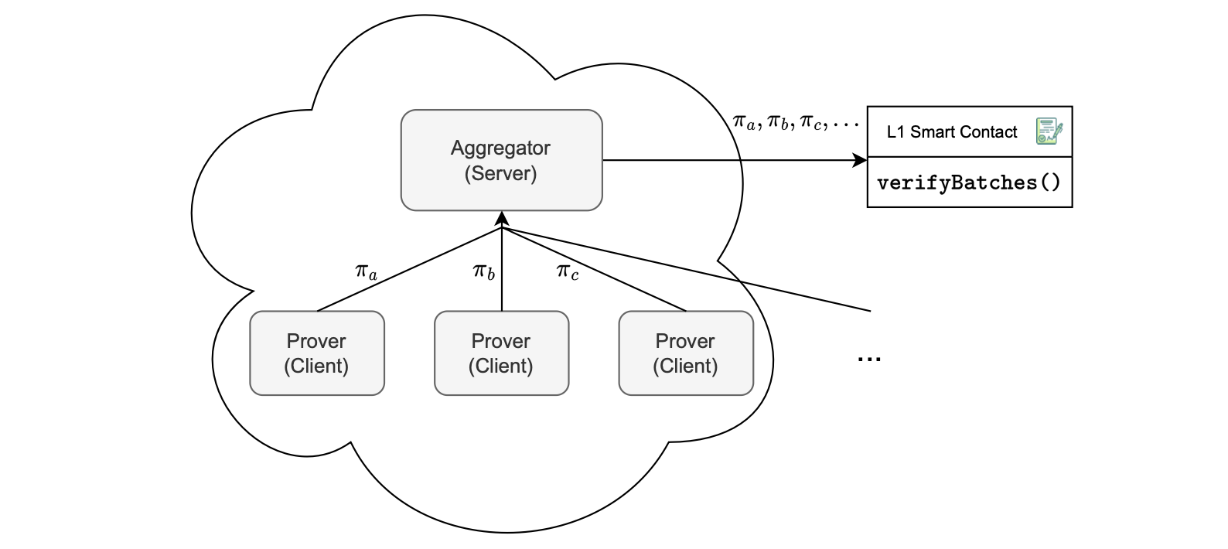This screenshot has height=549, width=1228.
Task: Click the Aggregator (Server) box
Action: [x=501, y=160]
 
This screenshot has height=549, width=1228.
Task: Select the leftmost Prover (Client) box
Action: [x=316, y=353]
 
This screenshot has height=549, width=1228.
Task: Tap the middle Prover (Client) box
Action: [x=501, y=353]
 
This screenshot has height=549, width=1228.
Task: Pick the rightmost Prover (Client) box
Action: [x=685, y=353]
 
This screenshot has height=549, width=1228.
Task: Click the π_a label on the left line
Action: [x=366, y=271]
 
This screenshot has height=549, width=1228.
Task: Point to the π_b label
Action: [x=484, y=271]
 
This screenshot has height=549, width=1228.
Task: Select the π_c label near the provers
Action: [x=567, y=271]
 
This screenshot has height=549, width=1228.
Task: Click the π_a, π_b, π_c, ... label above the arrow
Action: [x=795, y=122]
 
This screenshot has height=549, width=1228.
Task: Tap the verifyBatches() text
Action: [x=969, y=183]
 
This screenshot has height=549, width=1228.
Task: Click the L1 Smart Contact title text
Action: [x=951, y=132]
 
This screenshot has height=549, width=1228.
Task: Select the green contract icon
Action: [x=1049, y=131]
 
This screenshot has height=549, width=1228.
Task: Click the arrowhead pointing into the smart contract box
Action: [x=860, y=160]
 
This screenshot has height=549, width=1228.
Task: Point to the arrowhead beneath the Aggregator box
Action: [x=502, y=217]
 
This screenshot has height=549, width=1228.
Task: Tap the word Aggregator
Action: [x=500, y=148]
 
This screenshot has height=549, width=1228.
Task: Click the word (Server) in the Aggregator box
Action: [x=500, y=173]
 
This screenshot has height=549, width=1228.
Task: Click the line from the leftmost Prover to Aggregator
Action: [x=410, y=269]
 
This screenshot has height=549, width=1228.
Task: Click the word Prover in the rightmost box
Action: [x=685, y=341]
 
